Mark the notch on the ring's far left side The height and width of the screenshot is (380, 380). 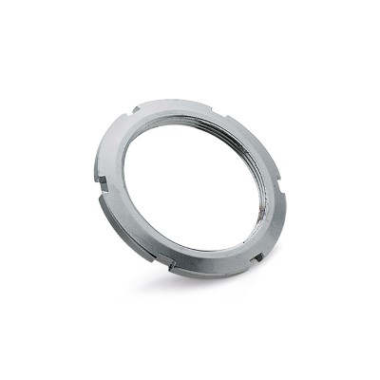coord(99,174)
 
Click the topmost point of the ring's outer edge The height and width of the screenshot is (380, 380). coord(185,98)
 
